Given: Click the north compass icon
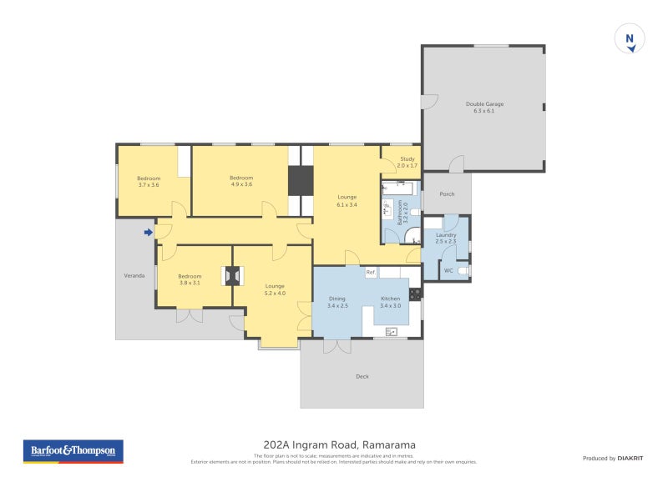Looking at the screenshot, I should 630,39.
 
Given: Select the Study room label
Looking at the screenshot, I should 407,162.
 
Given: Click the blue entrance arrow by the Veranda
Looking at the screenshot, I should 148,233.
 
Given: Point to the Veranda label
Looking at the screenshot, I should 134,275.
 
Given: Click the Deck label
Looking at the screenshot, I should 362,376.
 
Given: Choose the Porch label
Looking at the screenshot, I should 447,194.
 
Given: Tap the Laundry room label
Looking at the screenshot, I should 446,238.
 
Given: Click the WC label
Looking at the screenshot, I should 448,271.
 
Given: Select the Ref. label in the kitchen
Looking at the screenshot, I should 371,272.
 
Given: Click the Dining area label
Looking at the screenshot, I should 337,302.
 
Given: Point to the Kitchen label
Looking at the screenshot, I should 390,302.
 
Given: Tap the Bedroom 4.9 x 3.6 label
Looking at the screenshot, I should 240,181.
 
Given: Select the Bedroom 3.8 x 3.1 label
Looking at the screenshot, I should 190,279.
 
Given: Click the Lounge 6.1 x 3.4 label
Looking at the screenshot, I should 347,200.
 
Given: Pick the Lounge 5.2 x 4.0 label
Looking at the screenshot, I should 275,289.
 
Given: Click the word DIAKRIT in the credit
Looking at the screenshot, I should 629,458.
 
